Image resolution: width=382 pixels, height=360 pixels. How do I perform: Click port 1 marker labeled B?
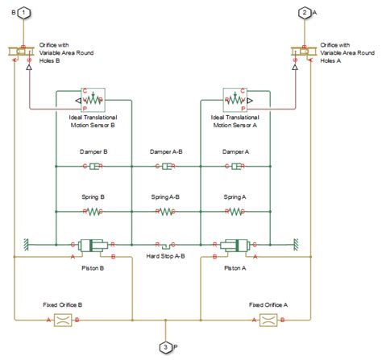(x=25, y=14)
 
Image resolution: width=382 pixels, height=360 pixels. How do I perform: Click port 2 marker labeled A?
(x=304, y=14)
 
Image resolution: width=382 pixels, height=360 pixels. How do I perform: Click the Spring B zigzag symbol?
(x=94, y=211)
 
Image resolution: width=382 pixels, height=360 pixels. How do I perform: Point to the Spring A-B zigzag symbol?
(x=165, y=211)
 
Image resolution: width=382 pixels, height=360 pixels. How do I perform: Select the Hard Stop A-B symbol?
(x=165, y=243)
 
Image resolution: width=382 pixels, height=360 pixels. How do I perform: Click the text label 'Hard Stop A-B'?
(x=165, y=255)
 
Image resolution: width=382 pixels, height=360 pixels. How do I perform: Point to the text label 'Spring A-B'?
(x=165, y=196)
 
